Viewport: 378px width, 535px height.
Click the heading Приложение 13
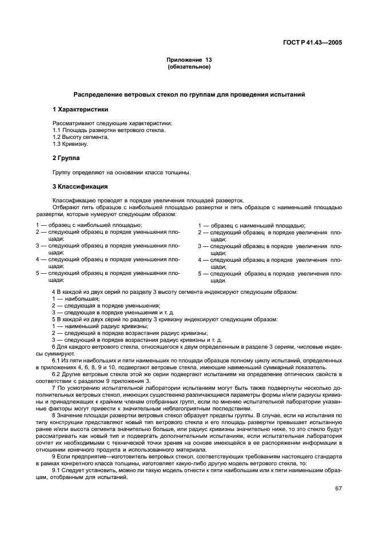coord(188,59)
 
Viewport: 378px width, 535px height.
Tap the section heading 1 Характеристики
coord(80,109)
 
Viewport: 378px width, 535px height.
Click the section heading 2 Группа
coord(66,157)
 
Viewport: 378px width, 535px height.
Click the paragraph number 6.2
coord(57,374)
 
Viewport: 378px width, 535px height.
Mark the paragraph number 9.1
coord(57,455)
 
